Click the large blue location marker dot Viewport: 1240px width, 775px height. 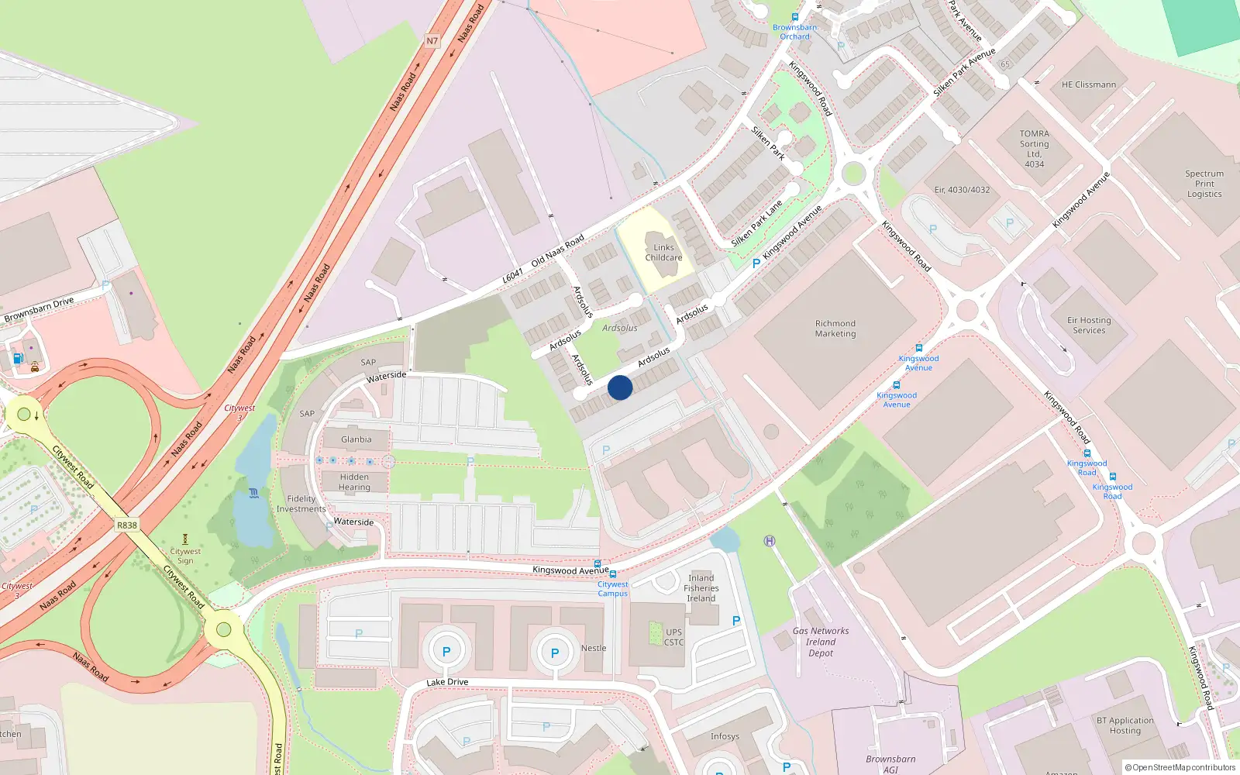point(620,387)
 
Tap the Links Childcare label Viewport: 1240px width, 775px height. point(663,253)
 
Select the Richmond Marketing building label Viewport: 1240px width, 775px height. point(835,329)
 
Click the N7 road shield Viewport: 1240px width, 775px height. point(432,41)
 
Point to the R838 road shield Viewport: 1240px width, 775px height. point(127,525)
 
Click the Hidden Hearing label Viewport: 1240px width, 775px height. point(354,482)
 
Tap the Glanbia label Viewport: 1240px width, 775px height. point(356,439)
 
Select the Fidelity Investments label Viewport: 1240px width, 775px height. point(301,504)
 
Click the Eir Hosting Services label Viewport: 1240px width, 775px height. point(1089,325)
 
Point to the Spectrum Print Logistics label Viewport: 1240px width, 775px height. point(1204,184)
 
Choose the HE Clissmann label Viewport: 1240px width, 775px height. point(1089,85)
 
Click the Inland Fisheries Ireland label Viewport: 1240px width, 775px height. point(701,588)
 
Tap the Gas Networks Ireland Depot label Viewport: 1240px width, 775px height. point(821,642)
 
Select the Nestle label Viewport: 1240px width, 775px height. point(594,649)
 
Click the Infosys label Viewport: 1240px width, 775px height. point(725,737)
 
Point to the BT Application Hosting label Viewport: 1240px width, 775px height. point(1125,725)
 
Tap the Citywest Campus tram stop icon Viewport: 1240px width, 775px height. point(613,574)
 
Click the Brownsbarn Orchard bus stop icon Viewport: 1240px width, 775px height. point(795,17)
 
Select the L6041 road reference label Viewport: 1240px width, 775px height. point(512,275)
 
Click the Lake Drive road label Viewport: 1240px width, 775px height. point(447,683)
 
